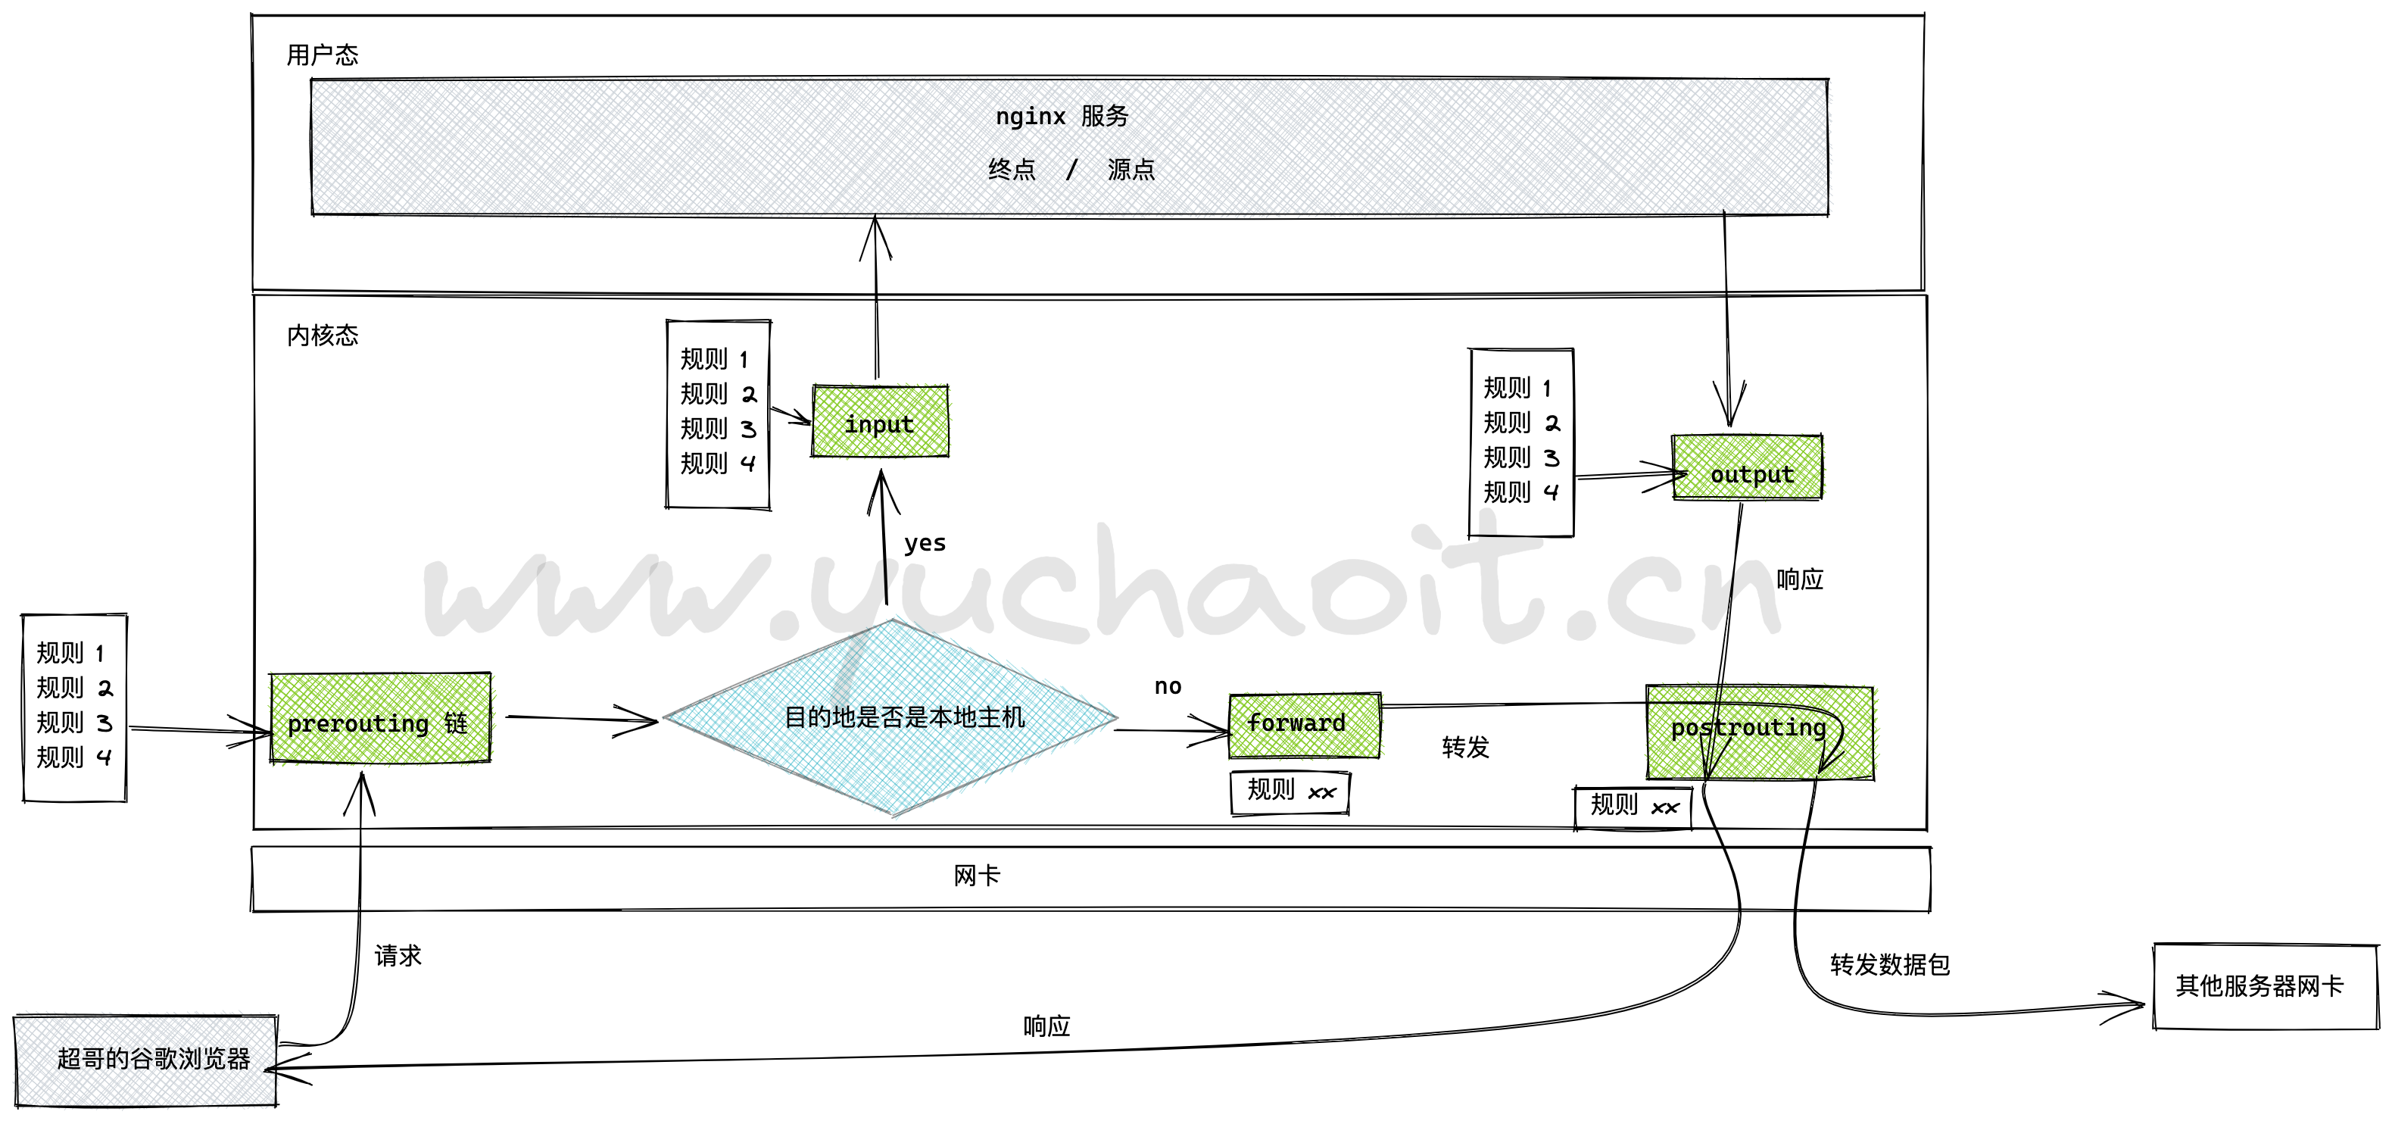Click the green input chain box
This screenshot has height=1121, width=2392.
click(x=879, y=423)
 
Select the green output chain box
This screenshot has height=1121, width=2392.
click(x=1747, y=469)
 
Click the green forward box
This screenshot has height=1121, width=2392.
click(x=1304, y=724)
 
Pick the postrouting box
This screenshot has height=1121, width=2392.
click(x=1760, y=732)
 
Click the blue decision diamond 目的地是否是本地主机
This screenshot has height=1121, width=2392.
click(x=892, y=717)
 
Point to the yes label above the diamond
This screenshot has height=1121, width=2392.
click(x=925, y=543)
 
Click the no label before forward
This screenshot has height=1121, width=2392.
click(x=1167, y=686)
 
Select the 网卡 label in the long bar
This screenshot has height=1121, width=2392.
click(x=976, y=876)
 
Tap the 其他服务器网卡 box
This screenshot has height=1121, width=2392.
click(x=2264, y=986)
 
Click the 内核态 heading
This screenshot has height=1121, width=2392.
click(x=323, y=336)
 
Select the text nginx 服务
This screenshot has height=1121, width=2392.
click(x=1062, y=116)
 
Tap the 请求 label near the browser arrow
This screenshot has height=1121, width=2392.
click(x=398, y=956)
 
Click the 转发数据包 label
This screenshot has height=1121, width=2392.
click(x=1888, y=965)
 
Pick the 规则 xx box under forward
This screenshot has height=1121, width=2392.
click(x=1290, y=792)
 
